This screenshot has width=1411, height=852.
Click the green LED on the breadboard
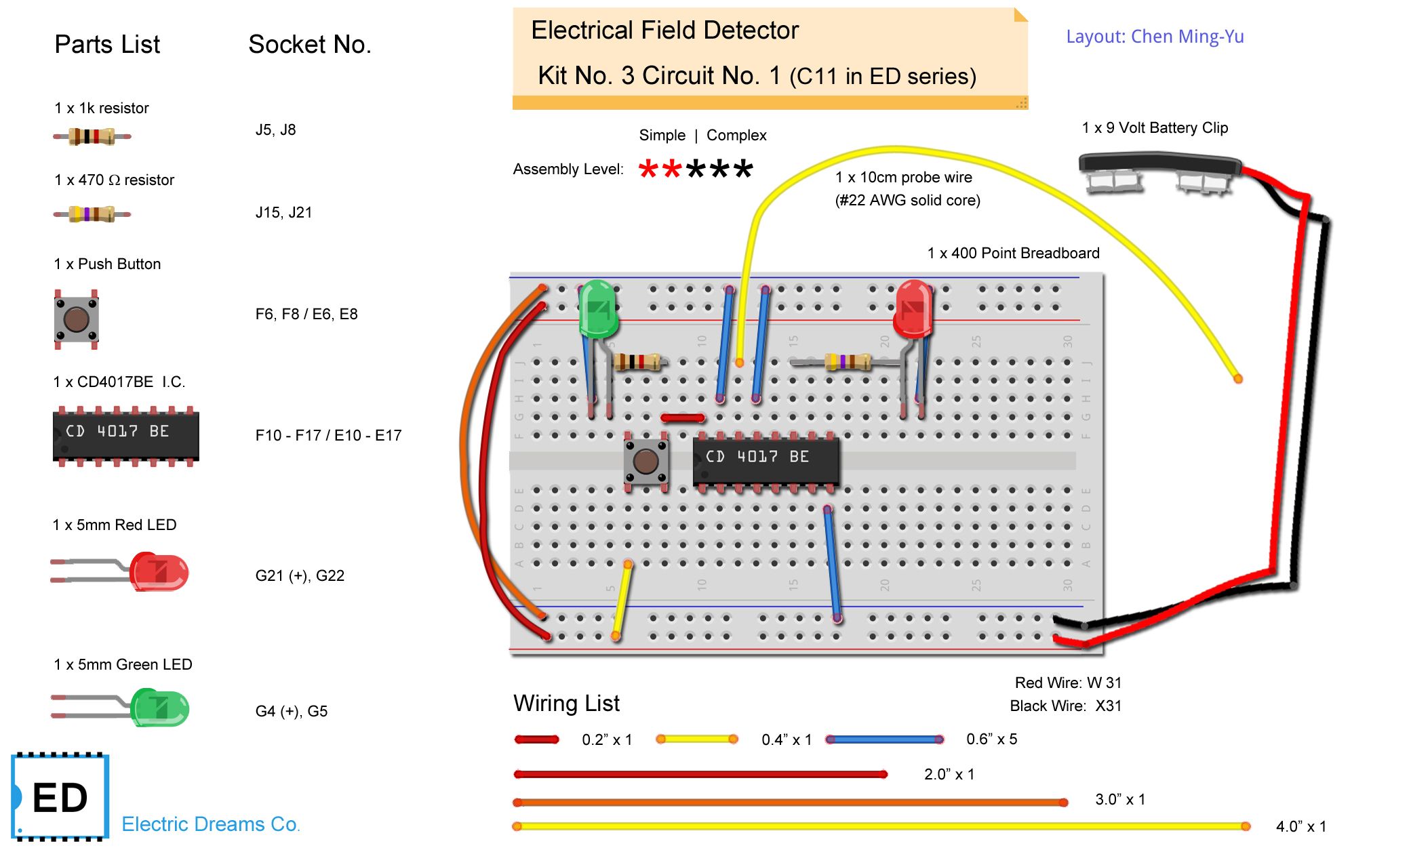pyautogui.click(x=597, y=309)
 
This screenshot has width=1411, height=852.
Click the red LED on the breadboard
pyautogui.click(x=913, y=309)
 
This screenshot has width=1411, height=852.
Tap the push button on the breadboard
pyautogui.click(x=645, y=462)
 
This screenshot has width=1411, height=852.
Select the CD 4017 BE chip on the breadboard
pyautogui.click(x=766, y=458)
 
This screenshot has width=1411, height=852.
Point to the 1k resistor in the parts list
pyautogui.click(x=92, y=136)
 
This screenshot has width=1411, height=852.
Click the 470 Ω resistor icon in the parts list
pyautogui.click(x=92, y=214)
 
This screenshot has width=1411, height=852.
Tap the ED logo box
pyautogui.click(x=60, y=797)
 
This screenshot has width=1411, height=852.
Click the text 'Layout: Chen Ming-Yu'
pyautogui.click(x=1155, y=37)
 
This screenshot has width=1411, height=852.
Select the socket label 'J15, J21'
pyautogui.click(x=283, y=213)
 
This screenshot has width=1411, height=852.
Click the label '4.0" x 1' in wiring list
pyautogui.click(x=1300, y=826)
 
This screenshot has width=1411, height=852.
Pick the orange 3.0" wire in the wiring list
pyautogui.click(x=790, y=803)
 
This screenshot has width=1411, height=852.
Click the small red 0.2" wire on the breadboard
pyautogui.click(x=682, y=418)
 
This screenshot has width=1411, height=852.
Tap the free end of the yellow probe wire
pyautogui.click(x=1237, y=378)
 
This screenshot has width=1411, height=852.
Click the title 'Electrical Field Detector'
pyautogui.click(x=664, y=31)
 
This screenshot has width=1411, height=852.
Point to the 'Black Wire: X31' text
pyautogui.click(x=1065, y=706)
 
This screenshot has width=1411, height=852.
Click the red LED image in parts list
pyautogui.click(x=158, y=571)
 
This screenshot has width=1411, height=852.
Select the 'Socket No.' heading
pyautogui.click(x=309, y=45)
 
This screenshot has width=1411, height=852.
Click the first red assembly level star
pyautogui.click(x=648, y=169)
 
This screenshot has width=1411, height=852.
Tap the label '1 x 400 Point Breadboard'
pyautogui.click(x=1013, y=253)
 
